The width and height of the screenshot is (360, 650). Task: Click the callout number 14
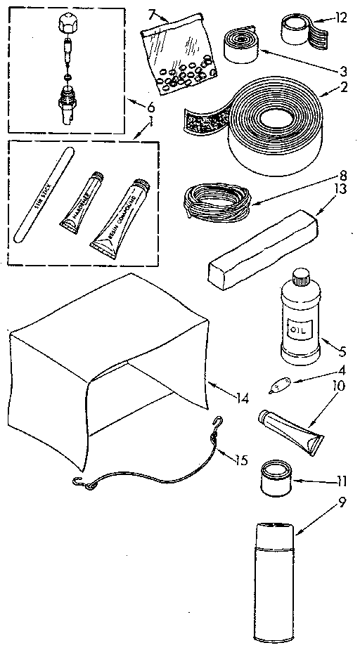(243, 398)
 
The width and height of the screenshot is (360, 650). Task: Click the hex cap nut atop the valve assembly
(66, 24)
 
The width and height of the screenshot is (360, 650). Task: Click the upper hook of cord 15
(221, 423)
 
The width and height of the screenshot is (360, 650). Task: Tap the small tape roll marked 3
(241, 44)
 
